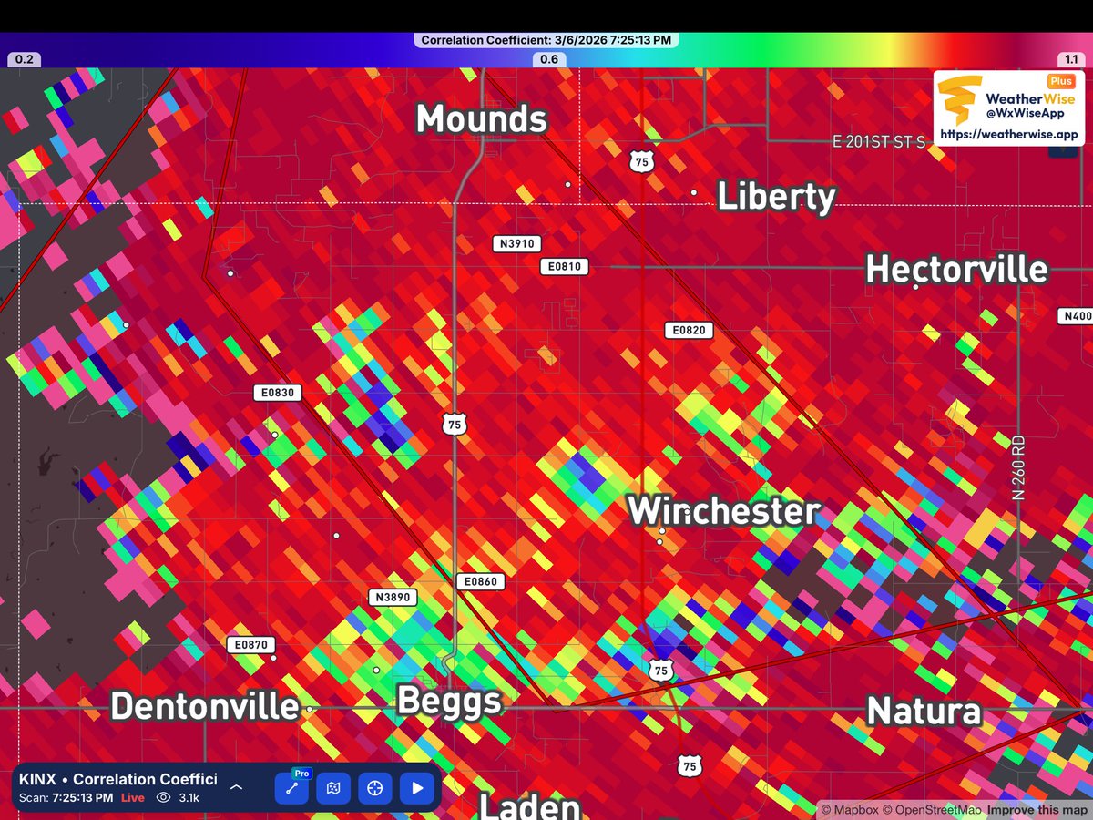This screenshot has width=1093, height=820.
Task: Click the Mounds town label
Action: point(482,119)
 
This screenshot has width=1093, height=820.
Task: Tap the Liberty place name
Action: point(776,197)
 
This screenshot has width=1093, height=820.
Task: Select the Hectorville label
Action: point(956,270)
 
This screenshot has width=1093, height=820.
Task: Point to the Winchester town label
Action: point(725,510)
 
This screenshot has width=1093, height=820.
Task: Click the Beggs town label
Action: point(449,702)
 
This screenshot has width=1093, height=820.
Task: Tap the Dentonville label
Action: point(205,706)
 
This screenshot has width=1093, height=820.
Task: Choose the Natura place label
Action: point(924,711)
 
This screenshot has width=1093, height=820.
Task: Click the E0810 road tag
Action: point(565,267)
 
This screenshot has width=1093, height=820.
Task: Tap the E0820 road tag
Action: point(689,331)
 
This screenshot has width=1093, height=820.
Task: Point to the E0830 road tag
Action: point(277,393)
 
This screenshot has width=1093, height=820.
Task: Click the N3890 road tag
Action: point(393,598)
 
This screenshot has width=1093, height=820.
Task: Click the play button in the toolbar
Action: point(417,788)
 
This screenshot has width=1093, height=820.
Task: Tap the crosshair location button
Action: point(375,788)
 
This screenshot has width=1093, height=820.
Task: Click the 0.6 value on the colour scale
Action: point(549,59)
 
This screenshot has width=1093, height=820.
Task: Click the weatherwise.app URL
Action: point(1009,134)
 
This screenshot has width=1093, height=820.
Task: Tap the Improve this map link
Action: point(1037,809)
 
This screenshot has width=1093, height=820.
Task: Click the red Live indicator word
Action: point(133,798)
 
